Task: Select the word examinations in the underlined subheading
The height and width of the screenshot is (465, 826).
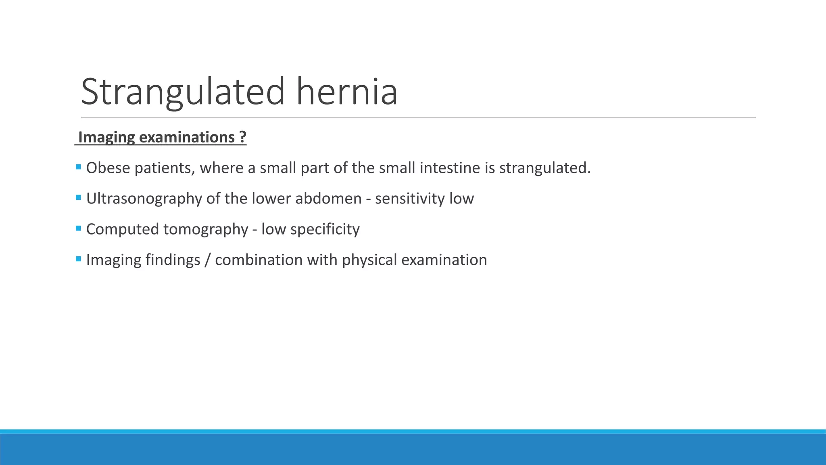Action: [187, 137]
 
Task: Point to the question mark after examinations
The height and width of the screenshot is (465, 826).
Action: [242, 137]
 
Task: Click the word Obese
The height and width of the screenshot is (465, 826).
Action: [108, 168]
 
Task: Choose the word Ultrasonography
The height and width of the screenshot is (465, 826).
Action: [144, 199]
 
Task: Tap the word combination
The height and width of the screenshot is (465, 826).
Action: [259, 260]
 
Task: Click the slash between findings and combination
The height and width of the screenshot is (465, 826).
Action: [207, 260]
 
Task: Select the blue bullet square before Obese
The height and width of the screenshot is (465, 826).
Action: [78, 167]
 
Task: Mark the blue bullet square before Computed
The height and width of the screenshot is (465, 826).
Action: [78, 228]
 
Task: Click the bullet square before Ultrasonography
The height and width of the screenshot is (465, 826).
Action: [78, 197]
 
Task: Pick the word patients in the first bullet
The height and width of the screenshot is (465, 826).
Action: [164, 168]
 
